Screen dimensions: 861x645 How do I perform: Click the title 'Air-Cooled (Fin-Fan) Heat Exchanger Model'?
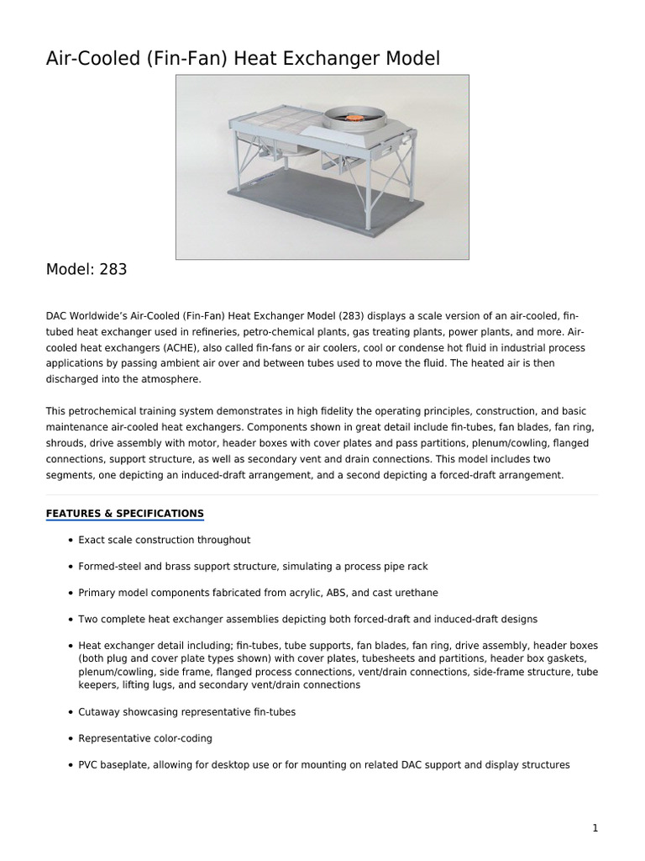pyautogui.click(x=243, y=58)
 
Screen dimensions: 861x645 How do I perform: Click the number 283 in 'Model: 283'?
pyautogui.click(x=113, y=269)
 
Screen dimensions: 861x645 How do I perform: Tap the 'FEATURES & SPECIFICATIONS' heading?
pyautogui.click(x=124, y=514)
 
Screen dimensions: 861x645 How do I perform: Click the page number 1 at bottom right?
pyautogui.click(x=595, y=828)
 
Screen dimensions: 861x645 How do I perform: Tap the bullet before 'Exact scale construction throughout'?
pyautogui.click(x=69, y=540)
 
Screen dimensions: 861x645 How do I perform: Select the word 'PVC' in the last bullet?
pyautogui.click(x=88, y=765)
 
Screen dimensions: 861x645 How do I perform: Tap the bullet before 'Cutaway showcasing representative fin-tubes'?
pyautogui.click(x=69, y=711)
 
